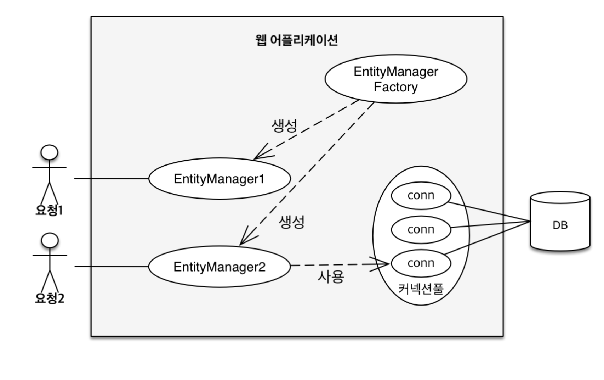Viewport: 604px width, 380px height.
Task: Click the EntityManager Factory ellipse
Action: pos(395,79)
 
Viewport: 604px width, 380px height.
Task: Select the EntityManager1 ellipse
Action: pos(219,179)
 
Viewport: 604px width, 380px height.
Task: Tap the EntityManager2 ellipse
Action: pos(219,267)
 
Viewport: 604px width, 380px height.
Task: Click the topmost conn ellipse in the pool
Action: pos(421,195)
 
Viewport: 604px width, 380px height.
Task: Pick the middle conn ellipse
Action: pos(421,229)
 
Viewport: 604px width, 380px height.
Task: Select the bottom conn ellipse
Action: pos(421,263)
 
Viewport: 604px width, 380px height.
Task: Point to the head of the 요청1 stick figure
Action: pos(49,153)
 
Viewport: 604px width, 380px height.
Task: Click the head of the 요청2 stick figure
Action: pos(50,241)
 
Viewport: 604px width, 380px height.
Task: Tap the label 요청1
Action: pos(49,210)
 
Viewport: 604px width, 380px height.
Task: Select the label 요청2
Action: pos(50,298)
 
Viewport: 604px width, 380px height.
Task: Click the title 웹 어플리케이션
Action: pos(296,40)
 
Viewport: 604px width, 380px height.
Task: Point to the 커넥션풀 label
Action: pos(421,289)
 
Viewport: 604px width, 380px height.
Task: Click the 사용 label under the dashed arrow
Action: pos(331,277)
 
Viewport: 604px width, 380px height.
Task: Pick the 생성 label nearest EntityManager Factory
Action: pos(284,125)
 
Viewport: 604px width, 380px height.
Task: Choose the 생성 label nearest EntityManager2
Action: pos(292,222)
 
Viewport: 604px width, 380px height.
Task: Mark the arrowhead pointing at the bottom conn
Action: pos(384,264)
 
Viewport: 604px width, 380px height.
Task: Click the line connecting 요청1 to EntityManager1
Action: pos(112,178)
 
